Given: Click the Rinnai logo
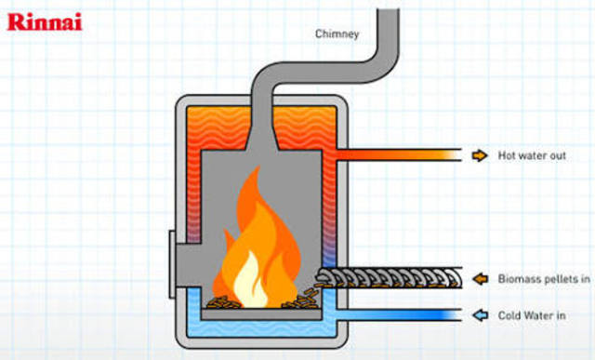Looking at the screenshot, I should [45, 20].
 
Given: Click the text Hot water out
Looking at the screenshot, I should [532, 155].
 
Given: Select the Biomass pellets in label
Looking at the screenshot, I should [545, 278].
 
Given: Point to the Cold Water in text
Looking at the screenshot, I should [534, 314].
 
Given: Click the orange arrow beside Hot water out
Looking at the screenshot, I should [479, 155].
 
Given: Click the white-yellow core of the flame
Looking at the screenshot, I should [250, 280].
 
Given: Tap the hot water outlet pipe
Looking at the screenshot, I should [400, 155].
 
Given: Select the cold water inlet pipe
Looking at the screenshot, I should [400, 314].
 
